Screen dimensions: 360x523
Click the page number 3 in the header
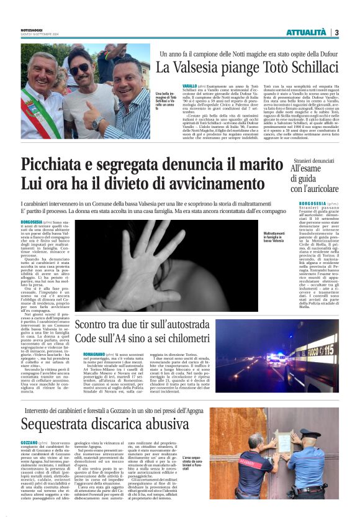coord(336,32)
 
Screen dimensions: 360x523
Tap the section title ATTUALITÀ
coord(305,32)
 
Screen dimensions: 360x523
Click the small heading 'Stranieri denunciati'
coord(317,160)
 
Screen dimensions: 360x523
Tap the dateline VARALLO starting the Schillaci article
coord(172,85)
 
